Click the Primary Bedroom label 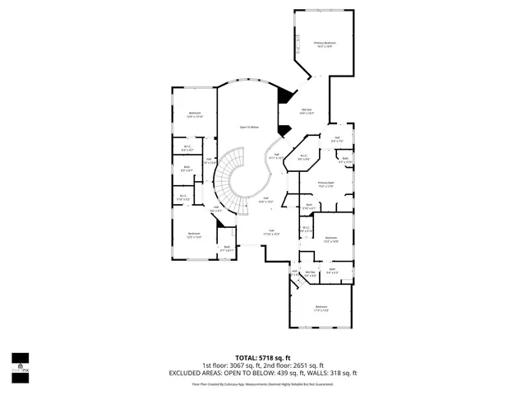click(325, 44)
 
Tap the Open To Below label click(249, 128)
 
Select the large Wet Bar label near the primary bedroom click(307, 112)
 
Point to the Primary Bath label click(325, 184)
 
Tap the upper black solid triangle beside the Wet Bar click(284, 95)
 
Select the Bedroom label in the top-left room click(195, 114)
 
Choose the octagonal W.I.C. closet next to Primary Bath click(303, 157)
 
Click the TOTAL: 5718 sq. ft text click(263, 359)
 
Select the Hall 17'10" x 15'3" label click(271, 232)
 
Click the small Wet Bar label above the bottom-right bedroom click(311, 273)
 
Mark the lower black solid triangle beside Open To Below click(284, 130)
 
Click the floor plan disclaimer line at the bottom click(263, 383)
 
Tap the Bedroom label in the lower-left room click(194, 235)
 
